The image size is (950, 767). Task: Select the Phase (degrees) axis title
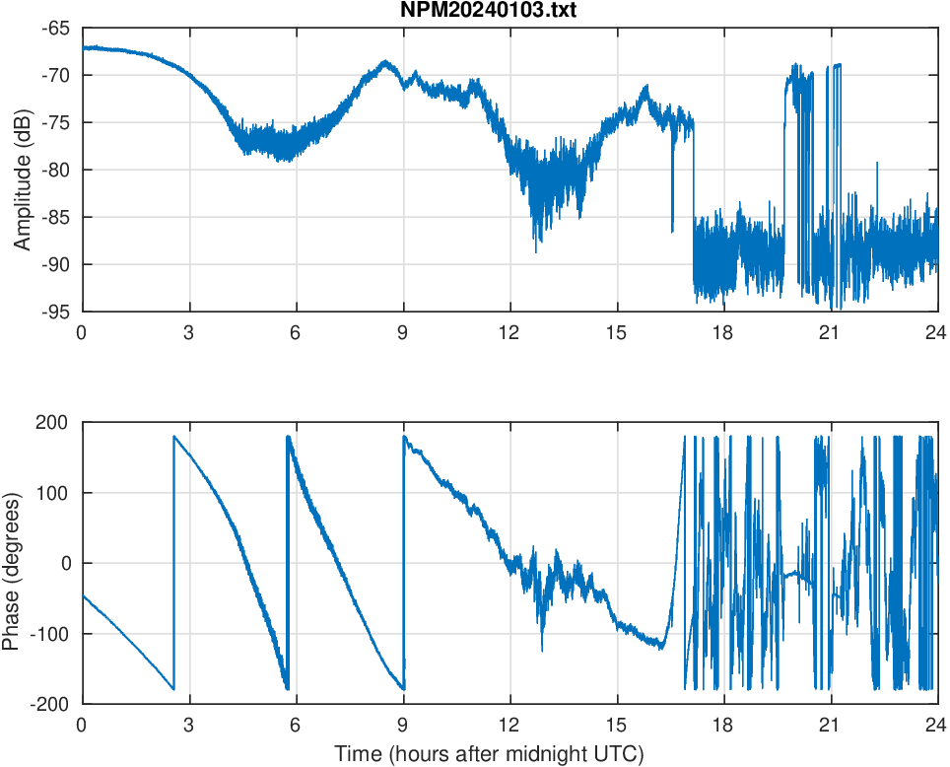click(12, 563)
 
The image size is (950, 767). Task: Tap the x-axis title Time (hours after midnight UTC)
click(489, 755)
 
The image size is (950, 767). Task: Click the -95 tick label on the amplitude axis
click(55, 312)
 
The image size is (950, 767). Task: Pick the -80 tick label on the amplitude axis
click(55, 170)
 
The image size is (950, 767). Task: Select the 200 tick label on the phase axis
click(53, 422)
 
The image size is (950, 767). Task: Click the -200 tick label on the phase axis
click(50, 704)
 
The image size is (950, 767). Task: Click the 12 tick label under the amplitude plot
click(509, 332)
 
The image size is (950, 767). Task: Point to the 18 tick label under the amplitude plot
click(723, 332)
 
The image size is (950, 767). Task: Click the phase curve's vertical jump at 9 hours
click(404, 562)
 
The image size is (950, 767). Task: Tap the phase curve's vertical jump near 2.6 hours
click(173, 562)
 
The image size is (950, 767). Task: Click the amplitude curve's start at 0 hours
click(83, 47)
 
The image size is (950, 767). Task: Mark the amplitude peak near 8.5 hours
click(385, 63)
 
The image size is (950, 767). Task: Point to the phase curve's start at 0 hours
click(83, 595)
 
